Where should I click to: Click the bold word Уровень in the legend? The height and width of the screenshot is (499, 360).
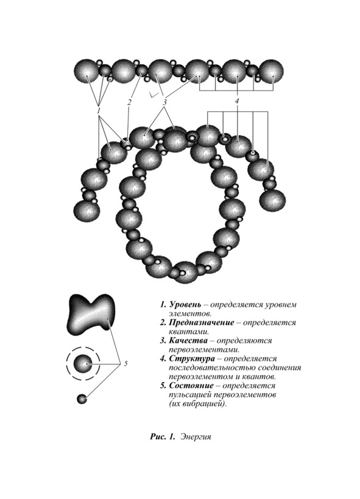(185, 304)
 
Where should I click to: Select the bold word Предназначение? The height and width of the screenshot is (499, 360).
(202, 323)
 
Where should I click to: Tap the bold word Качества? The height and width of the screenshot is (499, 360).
(188, 341)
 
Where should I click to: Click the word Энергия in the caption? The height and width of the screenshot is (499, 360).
(196, 437)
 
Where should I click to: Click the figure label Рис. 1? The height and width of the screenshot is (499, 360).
(163, 436)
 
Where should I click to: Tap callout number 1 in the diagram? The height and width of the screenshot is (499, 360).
(99, 111)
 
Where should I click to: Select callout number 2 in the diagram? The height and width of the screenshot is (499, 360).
(129, 102)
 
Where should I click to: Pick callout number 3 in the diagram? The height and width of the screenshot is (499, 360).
(164, 102)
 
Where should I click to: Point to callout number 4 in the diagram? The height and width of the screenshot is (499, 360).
(237, 101)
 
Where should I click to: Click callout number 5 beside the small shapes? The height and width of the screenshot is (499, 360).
(126, 363)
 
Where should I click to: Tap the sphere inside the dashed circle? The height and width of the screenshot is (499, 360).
(83, 364)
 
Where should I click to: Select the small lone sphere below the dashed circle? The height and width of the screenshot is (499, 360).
(82, 399)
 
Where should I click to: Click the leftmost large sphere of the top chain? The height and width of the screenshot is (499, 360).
(86, 72)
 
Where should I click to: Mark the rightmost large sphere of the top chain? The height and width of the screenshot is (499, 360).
(271, 72)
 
